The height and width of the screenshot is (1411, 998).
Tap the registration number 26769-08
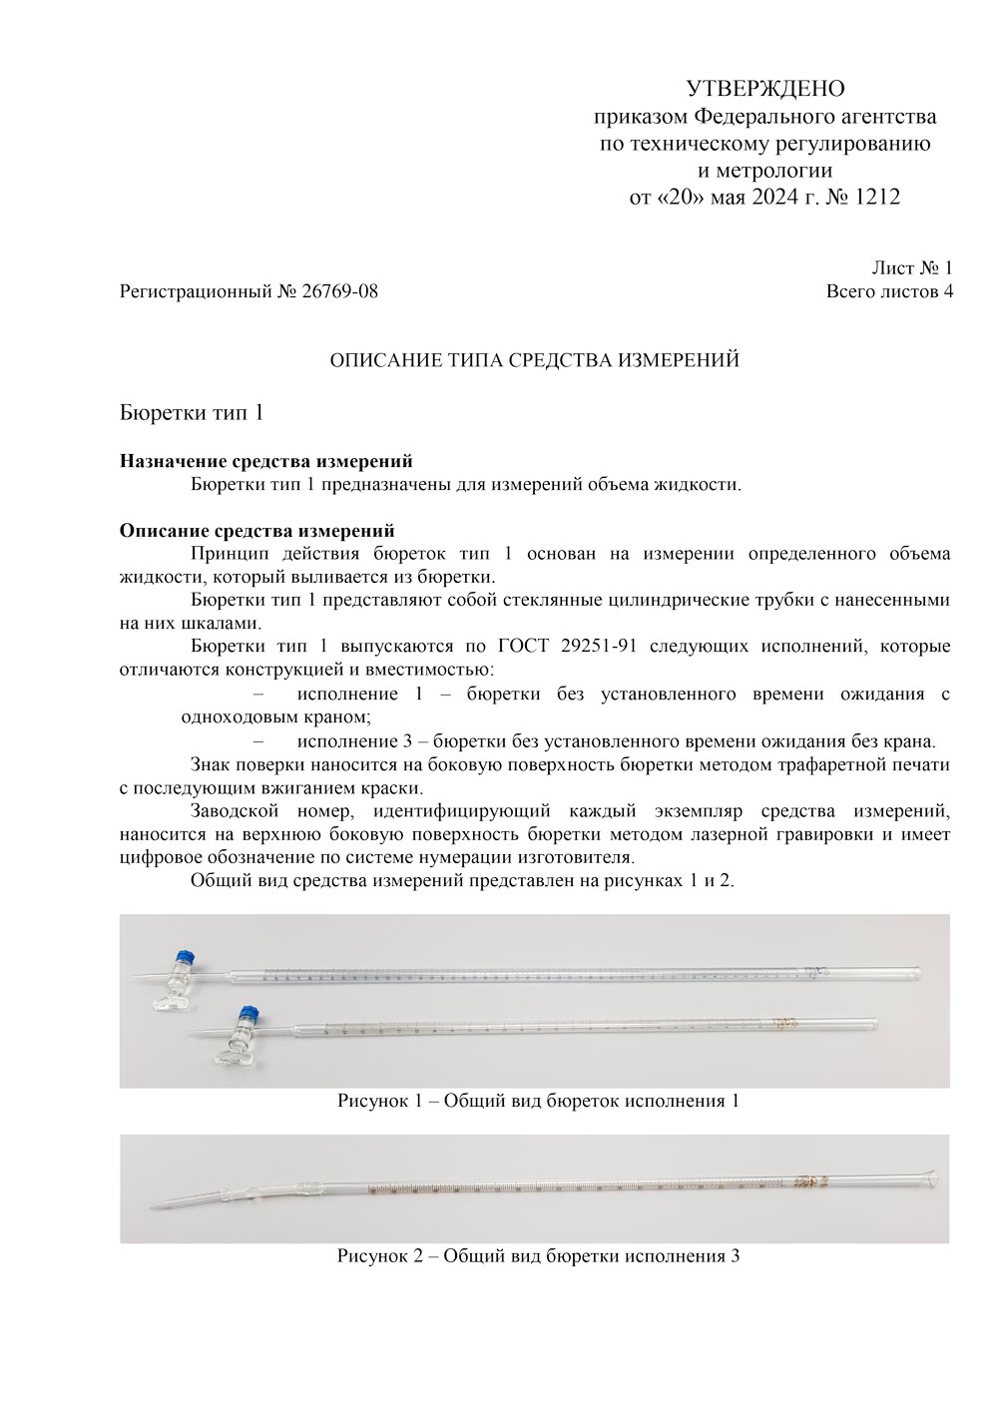[x=339, y=292]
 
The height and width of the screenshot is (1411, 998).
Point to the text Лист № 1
[x=912, y=267]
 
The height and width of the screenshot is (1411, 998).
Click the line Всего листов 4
[x=889, y=292]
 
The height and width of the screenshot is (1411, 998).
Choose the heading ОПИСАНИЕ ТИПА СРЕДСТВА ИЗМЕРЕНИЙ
[x=535, y=360]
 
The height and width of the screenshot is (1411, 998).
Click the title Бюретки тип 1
[x=191, y=412]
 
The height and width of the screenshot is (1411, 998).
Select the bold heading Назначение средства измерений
[x=266, y=462]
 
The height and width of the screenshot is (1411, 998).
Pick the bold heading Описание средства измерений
[x=257, y=531]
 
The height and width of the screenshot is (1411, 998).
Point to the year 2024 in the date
[x=762, y=198]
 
